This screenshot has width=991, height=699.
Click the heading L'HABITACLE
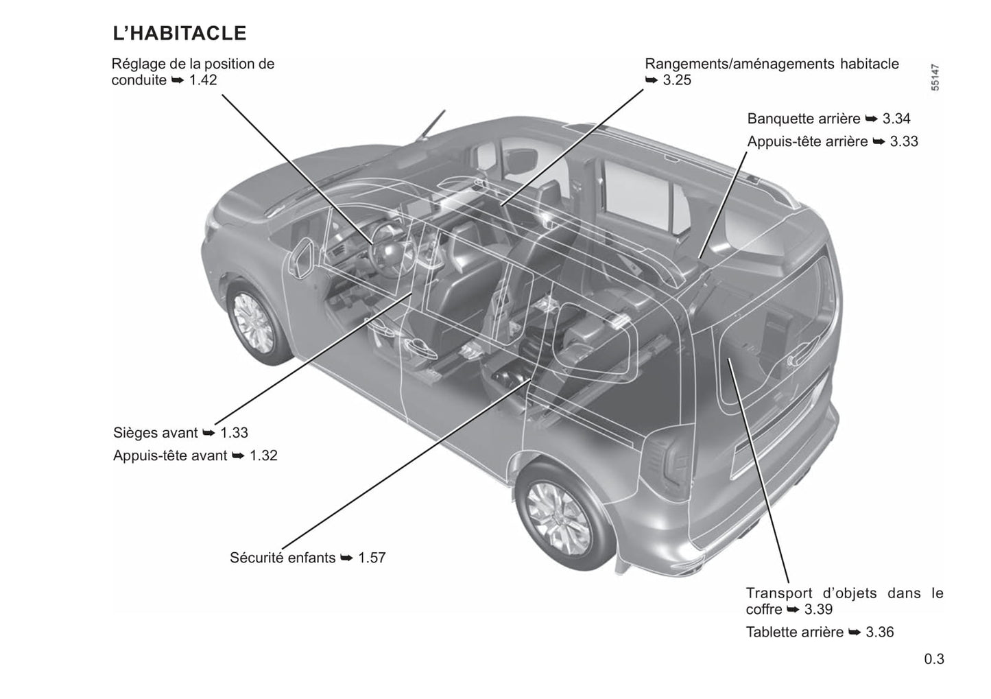(180, 33)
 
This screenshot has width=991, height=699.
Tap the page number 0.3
(934, 659)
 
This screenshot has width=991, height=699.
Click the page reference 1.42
(203, 80)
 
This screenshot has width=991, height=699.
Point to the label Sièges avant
(155, 432)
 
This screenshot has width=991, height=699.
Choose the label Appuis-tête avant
(170, 455)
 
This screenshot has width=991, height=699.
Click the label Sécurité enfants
(283, 558)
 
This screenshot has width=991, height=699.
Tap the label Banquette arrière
(804, 119)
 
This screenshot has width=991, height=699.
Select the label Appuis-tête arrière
(807, 141)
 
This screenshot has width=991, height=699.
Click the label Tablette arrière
(795, 632)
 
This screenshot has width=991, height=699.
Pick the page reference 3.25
(677, 80)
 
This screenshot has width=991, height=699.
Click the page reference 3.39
(818, 609)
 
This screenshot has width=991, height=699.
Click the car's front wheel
(254, 323)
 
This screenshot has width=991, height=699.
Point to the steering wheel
(392, 249)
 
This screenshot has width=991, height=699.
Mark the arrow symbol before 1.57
(346, 558)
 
